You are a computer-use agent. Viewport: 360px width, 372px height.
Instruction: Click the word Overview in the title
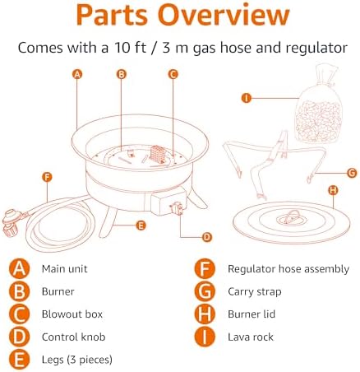point(224,15)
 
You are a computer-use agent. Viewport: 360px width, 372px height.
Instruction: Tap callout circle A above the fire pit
point(77,74)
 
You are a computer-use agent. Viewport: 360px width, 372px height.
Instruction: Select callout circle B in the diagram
point(122,74)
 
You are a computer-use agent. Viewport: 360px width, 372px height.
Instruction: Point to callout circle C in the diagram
point(173,74)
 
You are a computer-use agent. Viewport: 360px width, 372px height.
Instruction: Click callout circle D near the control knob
point(207,237)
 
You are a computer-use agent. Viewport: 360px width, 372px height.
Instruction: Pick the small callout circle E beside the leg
point(141,226)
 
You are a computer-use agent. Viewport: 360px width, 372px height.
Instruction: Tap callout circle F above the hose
point(47,177)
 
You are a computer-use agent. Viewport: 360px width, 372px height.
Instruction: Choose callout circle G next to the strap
point(352,173)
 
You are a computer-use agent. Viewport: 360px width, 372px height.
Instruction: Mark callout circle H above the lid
point(333,190)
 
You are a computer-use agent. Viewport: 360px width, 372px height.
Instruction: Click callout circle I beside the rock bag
point(247,98)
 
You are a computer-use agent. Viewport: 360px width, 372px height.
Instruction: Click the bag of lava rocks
point(319,105)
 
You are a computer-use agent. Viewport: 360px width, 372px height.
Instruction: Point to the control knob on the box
point(177,208)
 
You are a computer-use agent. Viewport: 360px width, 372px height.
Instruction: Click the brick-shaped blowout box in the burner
point(158,154)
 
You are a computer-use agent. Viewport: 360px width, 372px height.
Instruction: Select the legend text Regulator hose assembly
point(288,269)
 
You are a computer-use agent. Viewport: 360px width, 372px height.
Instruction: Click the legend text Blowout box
point(72,314)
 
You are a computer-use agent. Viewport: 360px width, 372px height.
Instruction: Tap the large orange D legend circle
point(19,337)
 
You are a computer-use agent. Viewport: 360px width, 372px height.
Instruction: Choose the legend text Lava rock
point(251,337)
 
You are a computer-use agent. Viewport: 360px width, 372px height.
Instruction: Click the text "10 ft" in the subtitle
point(130,48)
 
